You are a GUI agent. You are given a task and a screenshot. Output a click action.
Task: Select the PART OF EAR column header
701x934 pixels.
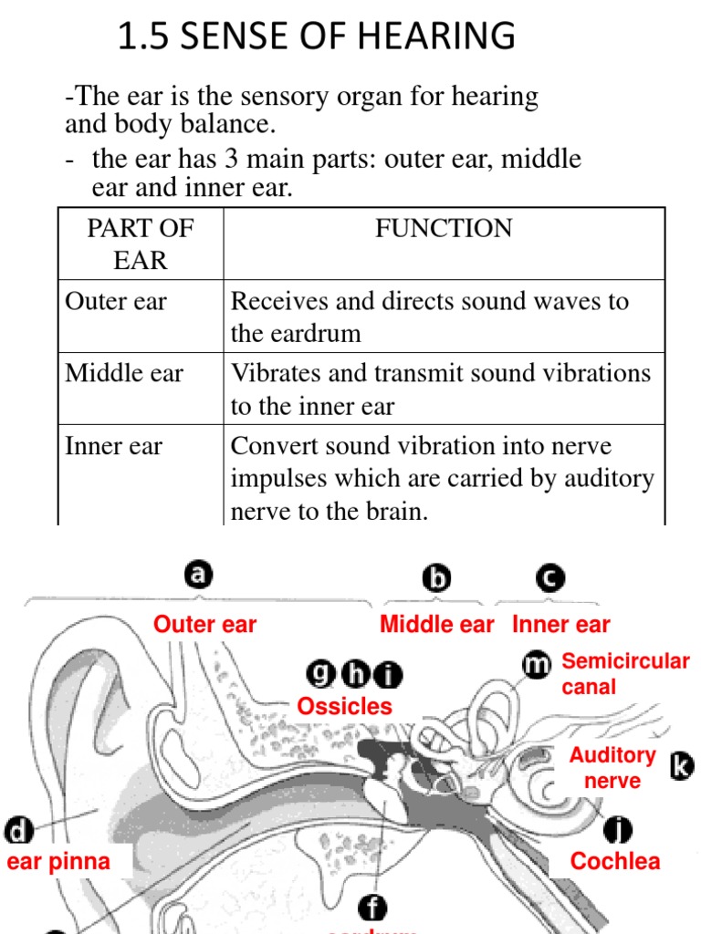140,244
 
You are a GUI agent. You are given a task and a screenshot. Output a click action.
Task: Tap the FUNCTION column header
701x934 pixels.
444,228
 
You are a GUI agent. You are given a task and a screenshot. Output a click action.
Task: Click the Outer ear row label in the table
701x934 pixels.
116,301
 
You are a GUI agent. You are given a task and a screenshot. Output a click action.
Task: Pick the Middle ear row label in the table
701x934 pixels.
124,373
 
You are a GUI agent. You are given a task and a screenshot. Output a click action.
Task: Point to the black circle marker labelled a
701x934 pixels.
199,575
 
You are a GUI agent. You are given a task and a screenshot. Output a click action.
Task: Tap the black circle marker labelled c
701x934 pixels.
550,577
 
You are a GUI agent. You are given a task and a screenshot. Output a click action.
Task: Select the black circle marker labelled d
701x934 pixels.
18,831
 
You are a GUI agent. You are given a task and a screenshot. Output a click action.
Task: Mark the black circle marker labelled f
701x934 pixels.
372,908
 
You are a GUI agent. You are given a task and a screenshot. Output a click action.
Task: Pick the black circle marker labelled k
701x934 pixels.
682,766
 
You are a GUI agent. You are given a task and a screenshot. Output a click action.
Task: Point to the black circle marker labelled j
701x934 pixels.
619,829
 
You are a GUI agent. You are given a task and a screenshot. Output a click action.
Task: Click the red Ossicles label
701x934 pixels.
344,706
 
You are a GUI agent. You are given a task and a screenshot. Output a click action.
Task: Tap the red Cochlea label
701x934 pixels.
615,861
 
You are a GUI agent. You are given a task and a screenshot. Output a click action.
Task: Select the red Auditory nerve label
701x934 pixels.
612,768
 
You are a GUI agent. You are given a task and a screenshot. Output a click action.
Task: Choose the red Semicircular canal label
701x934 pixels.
624,673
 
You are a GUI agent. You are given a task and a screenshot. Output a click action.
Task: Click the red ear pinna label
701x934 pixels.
58,861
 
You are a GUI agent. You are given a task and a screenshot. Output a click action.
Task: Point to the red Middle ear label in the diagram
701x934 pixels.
436,625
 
